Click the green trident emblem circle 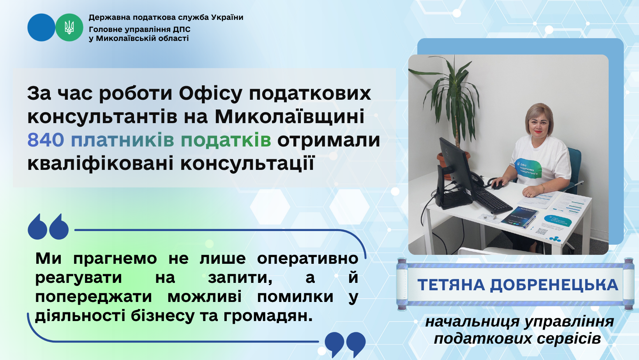point(69,27)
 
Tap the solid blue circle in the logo point(41,27)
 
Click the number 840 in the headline point(45,140)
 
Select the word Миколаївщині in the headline point(289,117)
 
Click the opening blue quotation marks point(48,226)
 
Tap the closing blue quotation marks point(345,344)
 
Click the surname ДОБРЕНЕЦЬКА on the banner point(554,285)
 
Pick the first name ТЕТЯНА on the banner point(451,285)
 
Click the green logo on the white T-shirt point(529,168)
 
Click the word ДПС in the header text point(182,29)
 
